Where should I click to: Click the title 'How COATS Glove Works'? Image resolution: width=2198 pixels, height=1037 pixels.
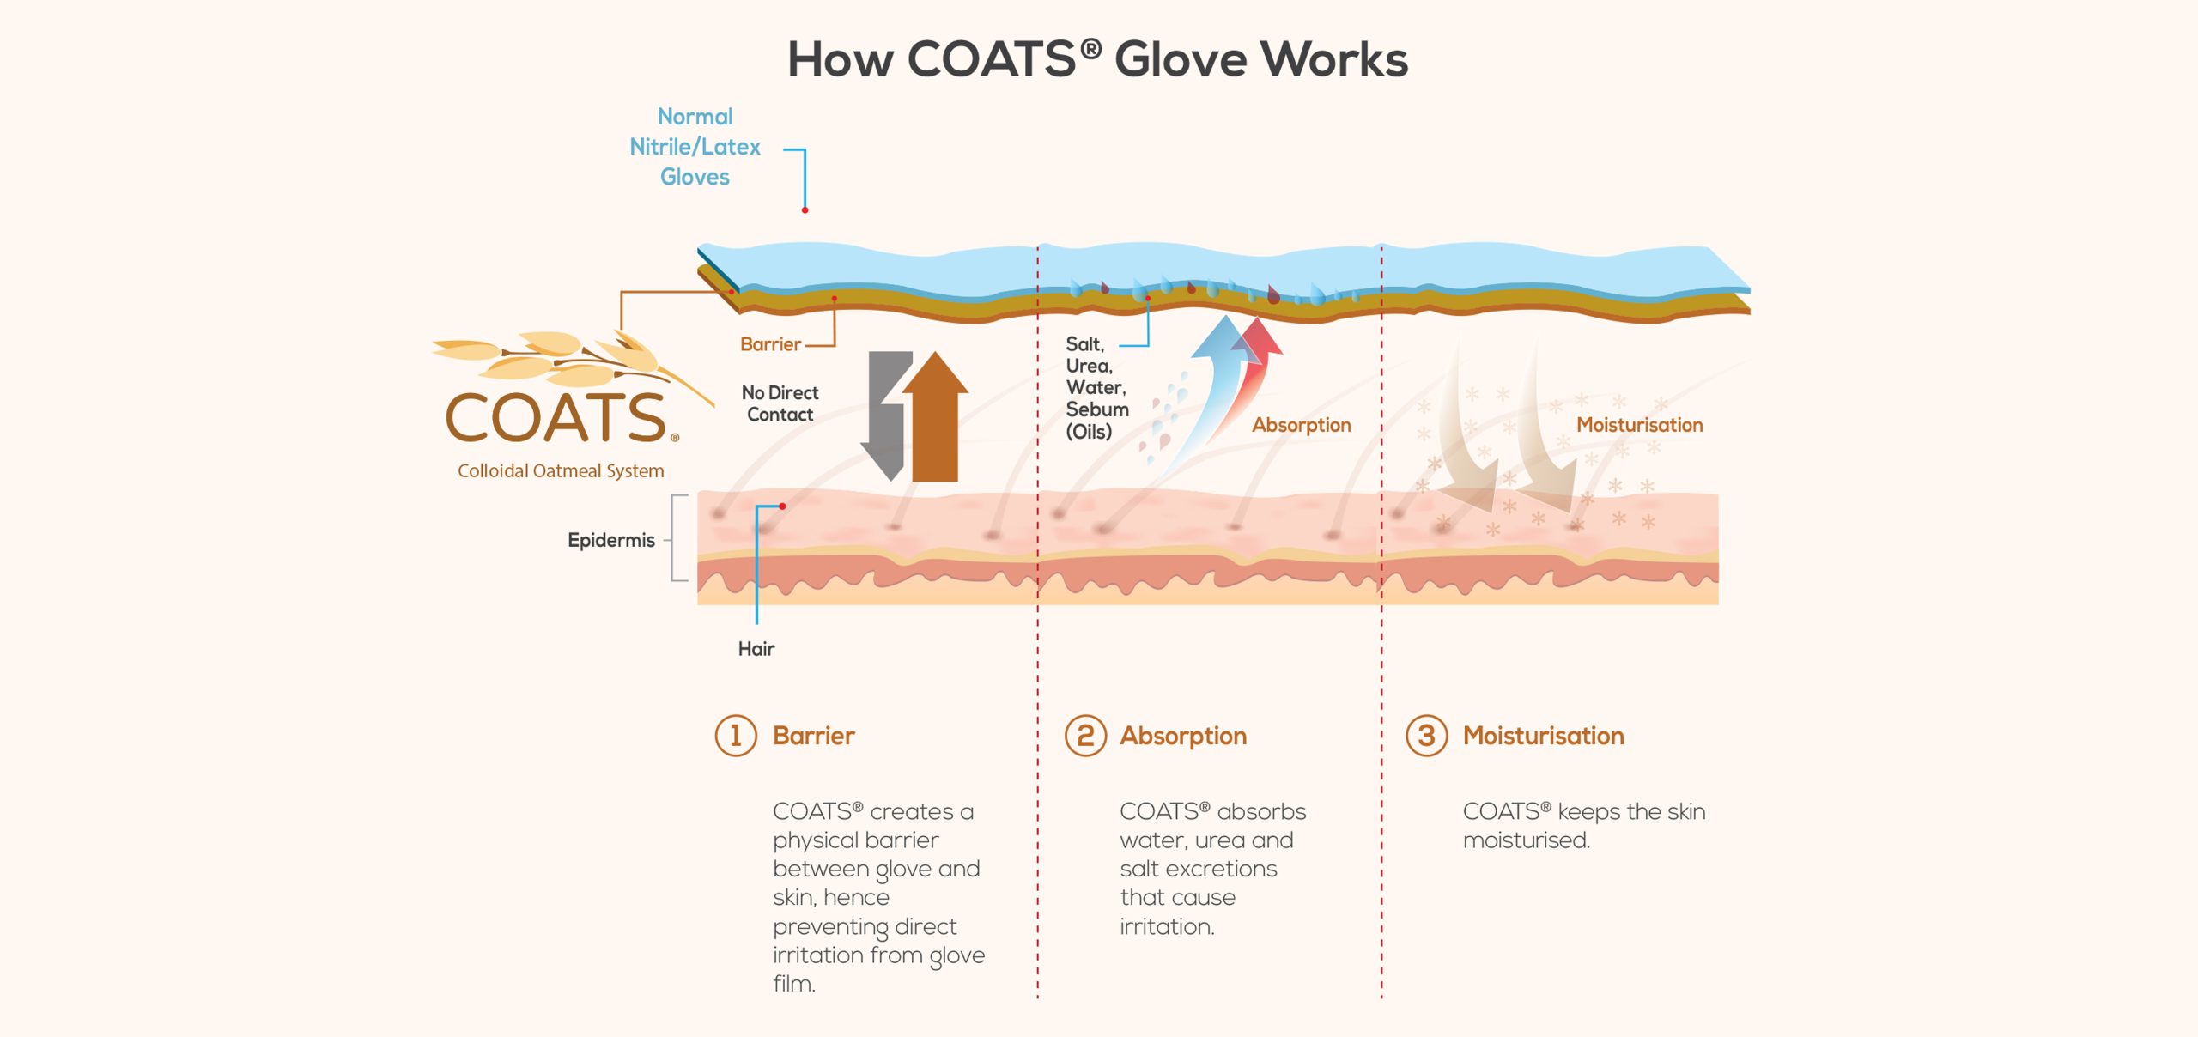[x=1097, y=59]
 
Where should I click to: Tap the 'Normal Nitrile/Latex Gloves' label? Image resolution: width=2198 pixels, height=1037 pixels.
[x=695, y=147]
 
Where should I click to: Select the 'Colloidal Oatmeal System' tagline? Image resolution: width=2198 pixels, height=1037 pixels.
[x=561, y=470]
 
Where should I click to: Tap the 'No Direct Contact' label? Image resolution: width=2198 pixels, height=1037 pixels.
[x=780, y=403]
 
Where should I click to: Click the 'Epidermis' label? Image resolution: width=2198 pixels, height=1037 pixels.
[x=610, y=540]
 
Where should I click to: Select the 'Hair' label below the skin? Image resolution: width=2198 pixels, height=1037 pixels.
[x=756, y=649]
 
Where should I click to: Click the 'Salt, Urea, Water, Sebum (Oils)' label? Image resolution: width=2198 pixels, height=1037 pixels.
[x=1096, y=387]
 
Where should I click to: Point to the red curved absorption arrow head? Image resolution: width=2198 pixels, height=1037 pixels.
[x=1258, y=337]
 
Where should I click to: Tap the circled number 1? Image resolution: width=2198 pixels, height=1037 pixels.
[x=736, y=736]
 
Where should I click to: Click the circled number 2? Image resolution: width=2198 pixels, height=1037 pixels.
[x=1085, y=736]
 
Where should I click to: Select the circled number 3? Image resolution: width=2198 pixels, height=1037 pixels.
[x=1426, y=736]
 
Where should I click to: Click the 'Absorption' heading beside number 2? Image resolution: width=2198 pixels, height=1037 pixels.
[x=1183, y=737]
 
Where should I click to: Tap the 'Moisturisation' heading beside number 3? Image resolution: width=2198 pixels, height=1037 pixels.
[x=1543, y=736]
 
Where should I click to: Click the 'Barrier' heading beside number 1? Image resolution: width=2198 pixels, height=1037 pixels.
[x=813, y=736]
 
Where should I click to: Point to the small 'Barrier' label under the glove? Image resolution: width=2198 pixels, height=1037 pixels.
[x=770, y=344]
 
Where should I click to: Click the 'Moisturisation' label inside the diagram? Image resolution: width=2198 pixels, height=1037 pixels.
[x=1639, y=425]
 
